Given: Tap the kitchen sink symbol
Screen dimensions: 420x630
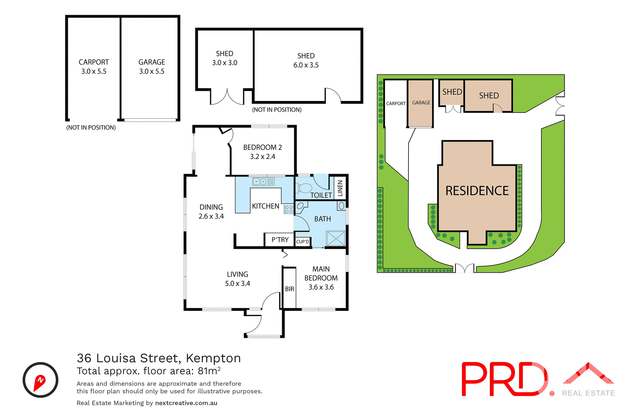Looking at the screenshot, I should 263,181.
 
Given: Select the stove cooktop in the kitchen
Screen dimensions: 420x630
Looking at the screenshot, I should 288,209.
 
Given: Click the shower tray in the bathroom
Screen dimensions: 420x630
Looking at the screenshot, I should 336,239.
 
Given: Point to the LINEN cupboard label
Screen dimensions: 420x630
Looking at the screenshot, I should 340,188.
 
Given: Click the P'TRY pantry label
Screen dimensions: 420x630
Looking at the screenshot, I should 280,240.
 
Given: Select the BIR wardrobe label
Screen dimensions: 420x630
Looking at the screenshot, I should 289,289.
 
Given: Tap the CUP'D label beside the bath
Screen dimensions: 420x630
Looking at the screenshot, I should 303,242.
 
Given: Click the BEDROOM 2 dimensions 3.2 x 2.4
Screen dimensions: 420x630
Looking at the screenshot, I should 262,157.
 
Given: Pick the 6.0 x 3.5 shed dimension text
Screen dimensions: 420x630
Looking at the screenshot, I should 306,65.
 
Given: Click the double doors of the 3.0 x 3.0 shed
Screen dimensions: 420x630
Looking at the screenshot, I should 227,97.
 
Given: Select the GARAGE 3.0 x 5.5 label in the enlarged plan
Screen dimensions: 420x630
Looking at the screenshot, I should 152,67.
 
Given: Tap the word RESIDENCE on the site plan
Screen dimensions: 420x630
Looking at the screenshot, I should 477,191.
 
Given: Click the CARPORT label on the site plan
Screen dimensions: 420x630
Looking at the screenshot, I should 396,103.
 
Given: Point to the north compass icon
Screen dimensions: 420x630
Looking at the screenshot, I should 40,380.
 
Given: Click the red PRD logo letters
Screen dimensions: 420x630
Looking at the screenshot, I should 504,379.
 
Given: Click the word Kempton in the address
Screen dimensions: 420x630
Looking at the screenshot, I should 213,358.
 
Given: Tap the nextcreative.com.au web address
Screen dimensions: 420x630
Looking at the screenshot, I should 186,403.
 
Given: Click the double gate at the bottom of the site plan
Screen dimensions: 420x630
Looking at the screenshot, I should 465,268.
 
